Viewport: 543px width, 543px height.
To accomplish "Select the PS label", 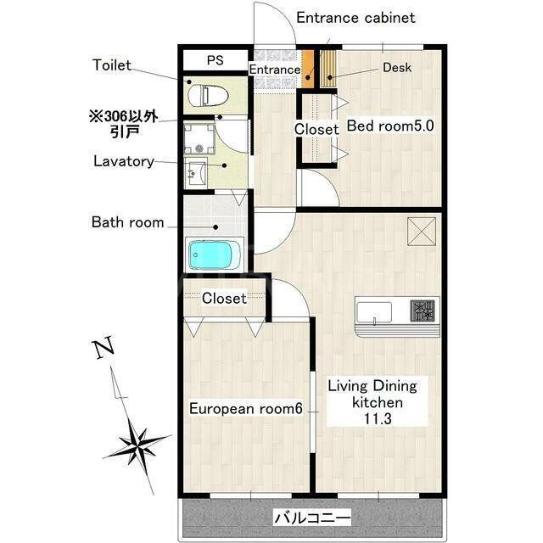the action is coord(215,60).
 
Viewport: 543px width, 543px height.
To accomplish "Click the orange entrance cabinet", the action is coord(307,69).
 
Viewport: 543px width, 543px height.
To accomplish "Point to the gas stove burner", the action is coord(423,311).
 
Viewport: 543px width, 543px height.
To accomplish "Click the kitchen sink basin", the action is coord(374,313).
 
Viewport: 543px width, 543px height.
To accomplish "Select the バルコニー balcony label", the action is coord(312,518).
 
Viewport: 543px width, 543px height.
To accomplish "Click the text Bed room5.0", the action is coord(390,126).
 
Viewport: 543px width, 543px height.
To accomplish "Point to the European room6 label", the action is coord(245,409).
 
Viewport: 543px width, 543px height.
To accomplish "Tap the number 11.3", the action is coord(378,418).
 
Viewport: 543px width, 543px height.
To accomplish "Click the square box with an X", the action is coord(422,232).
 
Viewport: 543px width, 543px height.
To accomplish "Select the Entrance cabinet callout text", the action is coord(355,18).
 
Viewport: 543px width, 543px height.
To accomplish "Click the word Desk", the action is coord(397,68).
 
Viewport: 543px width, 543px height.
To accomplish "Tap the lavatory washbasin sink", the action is coord(196,172).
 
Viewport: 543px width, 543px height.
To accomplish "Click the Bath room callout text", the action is coord(128,222).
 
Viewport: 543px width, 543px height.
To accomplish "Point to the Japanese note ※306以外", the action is coord(124,116).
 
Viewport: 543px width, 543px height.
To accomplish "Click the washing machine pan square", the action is coord(199,139).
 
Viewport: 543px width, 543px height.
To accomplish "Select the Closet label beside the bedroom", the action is coord(316,129).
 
